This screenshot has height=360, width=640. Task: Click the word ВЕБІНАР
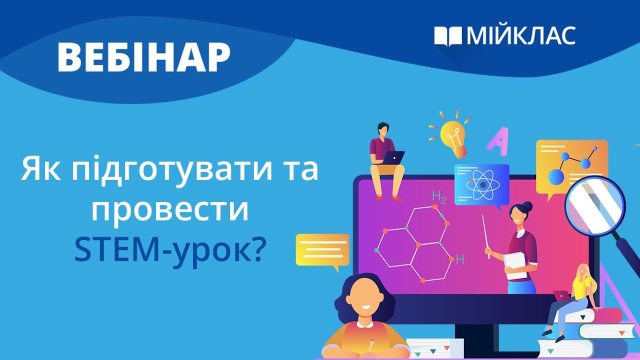[144, 56]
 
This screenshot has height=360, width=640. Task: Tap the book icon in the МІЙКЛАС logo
[447, 36]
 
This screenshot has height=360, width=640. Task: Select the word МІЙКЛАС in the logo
[520, 36]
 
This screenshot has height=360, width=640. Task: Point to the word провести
[170, 211]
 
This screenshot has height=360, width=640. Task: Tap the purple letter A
[497, 139]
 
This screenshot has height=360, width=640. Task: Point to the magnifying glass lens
[595, 205]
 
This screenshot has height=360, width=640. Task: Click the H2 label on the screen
[438, 197]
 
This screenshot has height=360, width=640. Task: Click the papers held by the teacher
[515, 265]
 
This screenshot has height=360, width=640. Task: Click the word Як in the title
[39, 170]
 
